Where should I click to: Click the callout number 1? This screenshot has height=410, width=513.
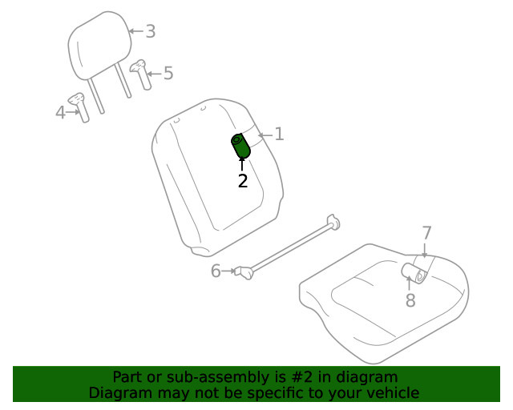(279, 135)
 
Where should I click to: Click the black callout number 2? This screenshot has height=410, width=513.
(242, 181)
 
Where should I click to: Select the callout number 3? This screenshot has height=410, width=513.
(150, 32)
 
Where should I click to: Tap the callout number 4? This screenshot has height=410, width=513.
(60, 113)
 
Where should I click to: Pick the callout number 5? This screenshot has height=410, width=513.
(168, 74)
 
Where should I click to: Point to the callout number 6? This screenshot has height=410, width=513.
(216, 271)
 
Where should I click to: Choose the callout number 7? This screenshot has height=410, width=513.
(426, 234)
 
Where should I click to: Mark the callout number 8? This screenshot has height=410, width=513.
(410, 300)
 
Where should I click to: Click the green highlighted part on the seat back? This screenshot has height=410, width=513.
(240, 146)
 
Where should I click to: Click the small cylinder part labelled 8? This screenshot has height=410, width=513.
(415, 274)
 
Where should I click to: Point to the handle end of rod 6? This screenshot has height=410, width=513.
(243, 272)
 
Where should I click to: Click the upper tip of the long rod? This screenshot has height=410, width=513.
(332, 221)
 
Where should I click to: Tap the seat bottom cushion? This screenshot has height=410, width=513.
(377, 300)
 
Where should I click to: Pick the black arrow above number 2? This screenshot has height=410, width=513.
(242, 164)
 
